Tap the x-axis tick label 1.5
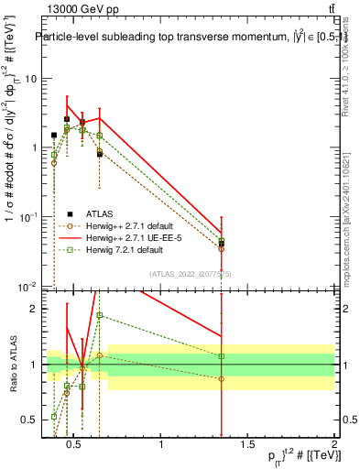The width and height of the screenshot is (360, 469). click(x=248, y=446)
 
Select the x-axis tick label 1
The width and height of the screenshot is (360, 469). click(x=162, y=446)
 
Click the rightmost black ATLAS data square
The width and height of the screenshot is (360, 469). click(x=222, y=244)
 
